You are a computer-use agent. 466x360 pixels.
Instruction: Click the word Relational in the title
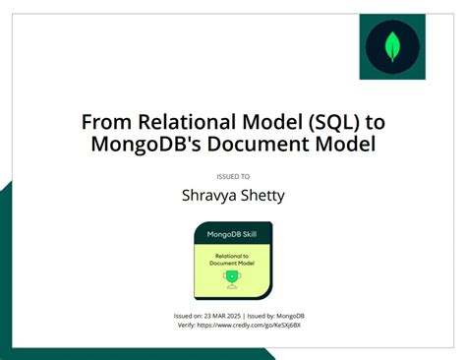click(x=173, y=122)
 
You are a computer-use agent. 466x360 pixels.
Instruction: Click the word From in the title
click(x=100, y=122)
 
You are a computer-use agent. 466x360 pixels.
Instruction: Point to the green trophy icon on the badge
click(x=233, y=278)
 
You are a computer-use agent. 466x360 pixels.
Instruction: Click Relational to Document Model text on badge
click(x=232, y=258)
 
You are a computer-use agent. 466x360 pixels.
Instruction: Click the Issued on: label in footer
click(x=188, y=315)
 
